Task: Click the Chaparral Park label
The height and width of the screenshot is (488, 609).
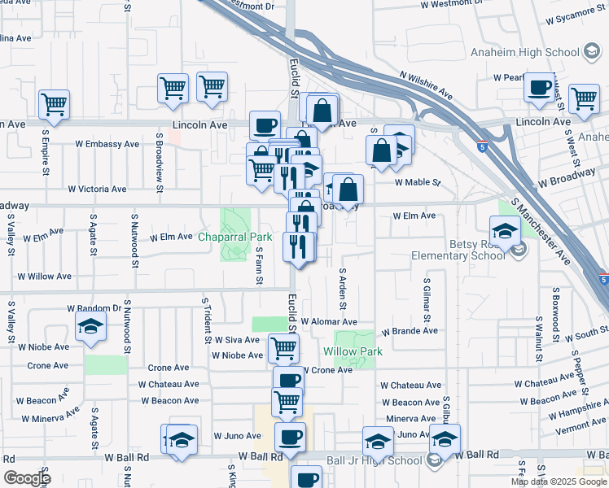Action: [234, 237]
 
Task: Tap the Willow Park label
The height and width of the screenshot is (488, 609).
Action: [353, 351]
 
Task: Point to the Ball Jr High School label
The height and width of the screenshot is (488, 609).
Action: [374, 460]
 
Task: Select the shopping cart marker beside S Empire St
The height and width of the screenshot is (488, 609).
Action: [54, 103]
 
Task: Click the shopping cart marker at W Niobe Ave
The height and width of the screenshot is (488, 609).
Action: [283, 349]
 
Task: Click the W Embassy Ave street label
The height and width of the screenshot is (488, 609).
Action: [107, 144]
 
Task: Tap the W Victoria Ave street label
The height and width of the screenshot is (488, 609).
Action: [97, 189]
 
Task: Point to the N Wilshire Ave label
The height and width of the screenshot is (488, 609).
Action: [426, 83]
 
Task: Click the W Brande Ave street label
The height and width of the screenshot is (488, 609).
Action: [410, 331]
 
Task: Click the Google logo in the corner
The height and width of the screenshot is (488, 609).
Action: [27, 478]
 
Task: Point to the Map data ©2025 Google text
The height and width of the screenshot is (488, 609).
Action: [558, 481]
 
